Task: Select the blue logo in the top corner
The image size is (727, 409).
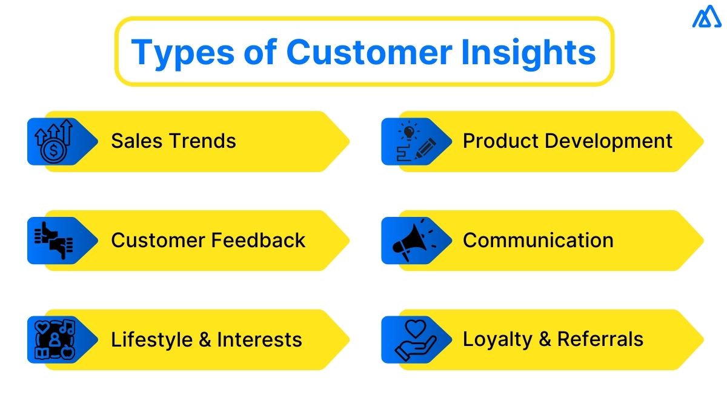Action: click(x=707, y=17)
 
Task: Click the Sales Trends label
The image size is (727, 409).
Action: click(x=173, y=141)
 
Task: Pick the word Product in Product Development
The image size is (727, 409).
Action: click(x=500, y=141)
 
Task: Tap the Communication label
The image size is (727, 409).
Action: click(x=538, y=241)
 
